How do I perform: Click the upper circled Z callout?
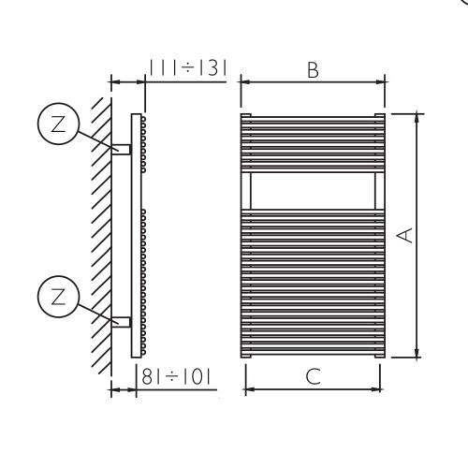(57, 125)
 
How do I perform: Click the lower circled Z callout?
(57, 298)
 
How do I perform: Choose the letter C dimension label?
(313, 377)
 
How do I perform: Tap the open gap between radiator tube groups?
(312, 191)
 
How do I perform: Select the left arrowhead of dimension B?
(245, 81)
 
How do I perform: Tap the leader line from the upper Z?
(95, 138)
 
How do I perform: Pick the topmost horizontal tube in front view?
(312, 117)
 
